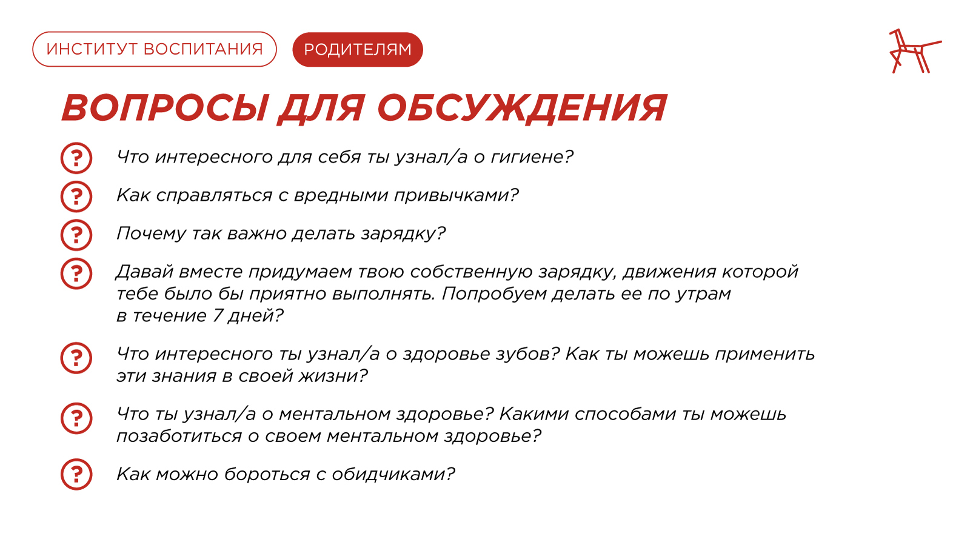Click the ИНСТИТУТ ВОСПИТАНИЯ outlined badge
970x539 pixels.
(155, 49)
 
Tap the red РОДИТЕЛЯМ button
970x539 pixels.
(358, 49)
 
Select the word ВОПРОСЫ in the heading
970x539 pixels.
(164, 108)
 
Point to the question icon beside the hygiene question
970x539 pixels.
(76, 158)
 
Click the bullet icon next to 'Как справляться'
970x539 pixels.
(76, 196)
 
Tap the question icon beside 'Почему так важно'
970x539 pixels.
(76, 235)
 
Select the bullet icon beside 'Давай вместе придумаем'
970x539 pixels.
(76, 273)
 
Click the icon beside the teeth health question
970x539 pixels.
(76, 358)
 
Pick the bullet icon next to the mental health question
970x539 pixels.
(76, 418)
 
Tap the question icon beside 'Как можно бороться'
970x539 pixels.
(76, 475)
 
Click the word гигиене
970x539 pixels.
(528, 157)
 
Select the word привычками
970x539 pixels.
(452, 196)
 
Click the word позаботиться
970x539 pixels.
(179, 436)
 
